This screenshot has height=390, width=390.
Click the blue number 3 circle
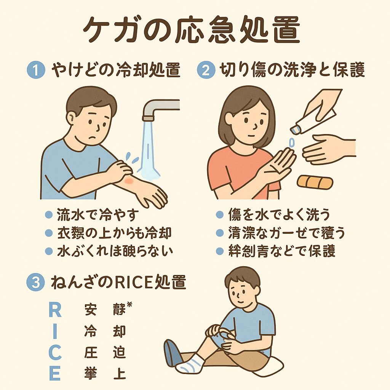point(35,283)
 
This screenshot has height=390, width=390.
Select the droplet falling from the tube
point(292,143)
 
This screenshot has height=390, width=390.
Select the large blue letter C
point(55,352)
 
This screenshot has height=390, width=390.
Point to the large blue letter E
point(55,373)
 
